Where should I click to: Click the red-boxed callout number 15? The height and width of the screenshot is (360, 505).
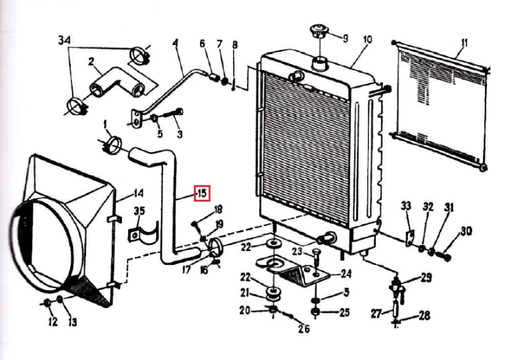coord(202,193)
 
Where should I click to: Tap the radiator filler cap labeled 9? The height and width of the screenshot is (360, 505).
coord(318,31)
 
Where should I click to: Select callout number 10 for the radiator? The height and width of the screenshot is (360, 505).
coord(368,40)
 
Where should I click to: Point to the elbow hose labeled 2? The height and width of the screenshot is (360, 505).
coord(117,82)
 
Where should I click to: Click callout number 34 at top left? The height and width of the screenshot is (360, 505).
coord(65,40)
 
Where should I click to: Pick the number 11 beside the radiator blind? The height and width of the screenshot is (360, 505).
coord(464,43)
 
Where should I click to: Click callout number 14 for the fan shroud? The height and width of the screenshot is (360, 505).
coord(139,193)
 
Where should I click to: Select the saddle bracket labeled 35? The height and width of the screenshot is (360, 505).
coord(143,232)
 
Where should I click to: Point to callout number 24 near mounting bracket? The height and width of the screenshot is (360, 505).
coord(346,274)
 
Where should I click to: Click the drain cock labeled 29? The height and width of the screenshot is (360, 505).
coord(396,287)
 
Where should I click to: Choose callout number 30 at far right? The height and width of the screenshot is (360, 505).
coord(466,231)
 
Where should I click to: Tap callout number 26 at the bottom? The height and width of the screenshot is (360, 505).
coord(304,328)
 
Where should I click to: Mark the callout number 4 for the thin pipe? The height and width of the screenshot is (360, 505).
coord(175,43)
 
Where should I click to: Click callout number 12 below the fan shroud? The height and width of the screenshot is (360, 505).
coord(53,321)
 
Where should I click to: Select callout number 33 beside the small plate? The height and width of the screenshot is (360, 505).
coord(406,205)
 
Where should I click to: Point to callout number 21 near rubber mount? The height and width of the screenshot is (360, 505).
coord(245,293)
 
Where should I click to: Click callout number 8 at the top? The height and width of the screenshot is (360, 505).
coord(235,44)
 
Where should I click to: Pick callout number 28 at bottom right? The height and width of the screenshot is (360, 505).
coord(424,316)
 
